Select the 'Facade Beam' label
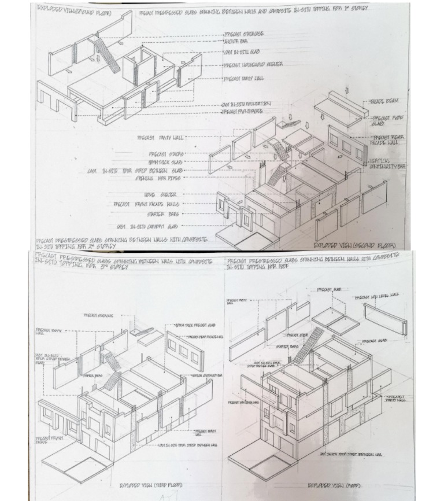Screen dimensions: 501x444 click(384, 101)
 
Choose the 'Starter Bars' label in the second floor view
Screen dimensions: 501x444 click(168, 214)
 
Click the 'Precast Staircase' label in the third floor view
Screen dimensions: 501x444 click(99, 315)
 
